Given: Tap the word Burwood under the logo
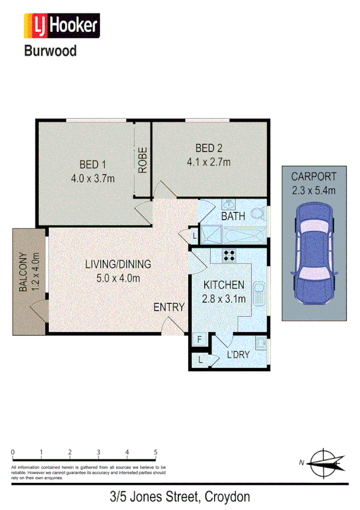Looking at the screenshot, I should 50,51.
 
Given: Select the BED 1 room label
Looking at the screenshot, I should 93,164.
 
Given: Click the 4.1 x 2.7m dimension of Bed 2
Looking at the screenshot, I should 209,162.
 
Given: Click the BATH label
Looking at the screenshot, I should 233,215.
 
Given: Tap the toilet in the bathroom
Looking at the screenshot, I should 258,213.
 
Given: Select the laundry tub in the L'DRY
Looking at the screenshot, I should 261,343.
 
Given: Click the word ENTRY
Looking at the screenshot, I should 168,307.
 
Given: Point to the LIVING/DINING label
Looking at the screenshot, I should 118,263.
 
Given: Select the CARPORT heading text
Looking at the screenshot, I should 314,177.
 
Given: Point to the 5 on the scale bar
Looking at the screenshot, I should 156,452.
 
